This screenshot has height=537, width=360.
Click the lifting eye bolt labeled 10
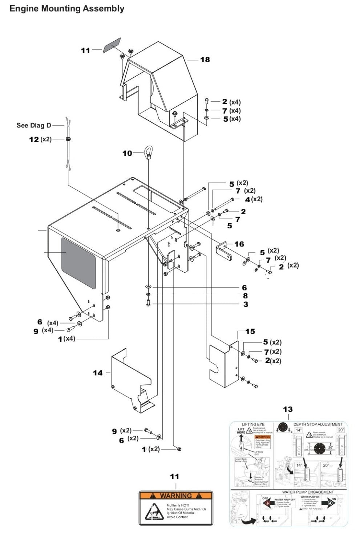point(149,151)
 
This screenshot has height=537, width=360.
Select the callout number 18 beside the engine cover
point(205,59)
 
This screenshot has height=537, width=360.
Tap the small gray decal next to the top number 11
point(111,46)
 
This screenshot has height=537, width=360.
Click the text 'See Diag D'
point(34,125)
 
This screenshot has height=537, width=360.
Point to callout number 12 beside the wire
point(34,139)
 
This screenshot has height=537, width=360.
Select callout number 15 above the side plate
point(250,331)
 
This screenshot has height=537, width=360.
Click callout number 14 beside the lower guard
point(98,373)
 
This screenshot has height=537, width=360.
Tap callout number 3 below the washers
point(246,304)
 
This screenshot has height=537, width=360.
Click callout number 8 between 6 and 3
point(245,296)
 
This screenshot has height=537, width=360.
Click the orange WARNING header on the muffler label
point(175,496)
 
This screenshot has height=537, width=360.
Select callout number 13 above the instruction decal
point(287,409)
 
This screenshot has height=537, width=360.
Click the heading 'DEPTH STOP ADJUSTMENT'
point(317,424)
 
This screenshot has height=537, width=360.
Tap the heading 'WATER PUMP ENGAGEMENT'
point(308,492)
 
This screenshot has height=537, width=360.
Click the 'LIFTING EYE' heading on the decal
point(253,424)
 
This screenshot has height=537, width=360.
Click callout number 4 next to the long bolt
point(247,199)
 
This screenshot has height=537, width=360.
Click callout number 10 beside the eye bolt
point(127,153)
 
